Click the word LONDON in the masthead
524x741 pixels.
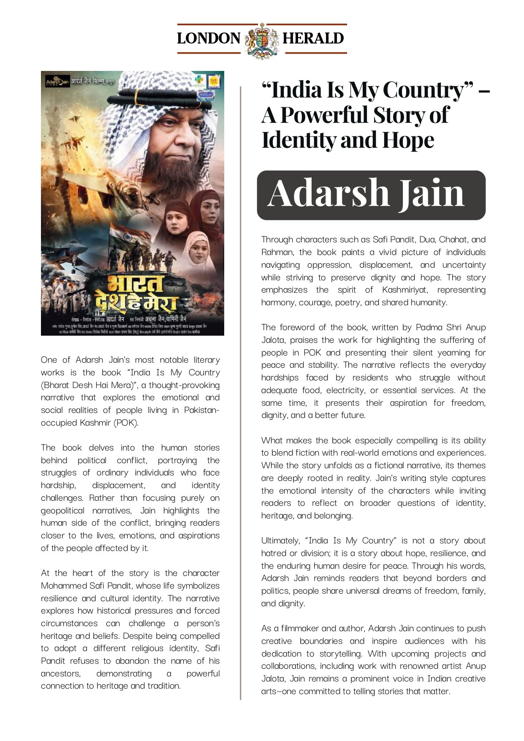[x=208, y=38]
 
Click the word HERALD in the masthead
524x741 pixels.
[x=313, y=38]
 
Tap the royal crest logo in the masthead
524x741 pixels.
[x=262, y=40]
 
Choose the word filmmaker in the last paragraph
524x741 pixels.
[x=300, y=629]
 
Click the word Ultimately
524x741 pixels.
[x=280, y=541]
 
